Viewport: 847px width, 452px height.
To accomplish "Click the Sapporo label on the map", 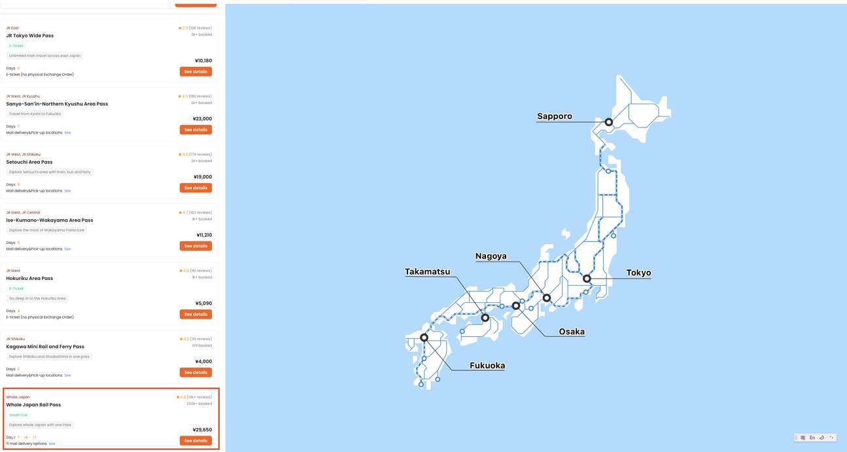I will [x=555, y=116].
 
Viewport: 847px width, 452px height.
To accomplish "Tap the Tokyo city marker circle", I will [x=587, y=279].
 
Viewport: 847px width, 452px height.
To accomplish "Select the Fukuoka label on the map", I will [x=487, y=366].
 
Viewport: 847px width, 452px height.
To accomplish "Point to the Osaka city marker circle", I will [x=515, y=305].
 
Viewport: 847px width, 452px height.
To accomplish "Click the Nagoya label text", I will [x=491, y=256].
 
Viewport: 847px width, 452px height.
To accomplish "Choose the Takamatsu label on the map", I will [x=427, y=271].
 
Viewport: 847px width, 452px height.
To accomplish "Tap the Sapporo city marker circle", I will [x=608, y=122].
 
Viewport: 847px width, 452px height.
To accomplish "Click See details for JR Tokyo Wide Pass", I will [x=196, y=71].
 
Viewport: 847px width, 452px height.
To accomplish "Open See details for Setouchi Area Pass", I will [x=196, y=188].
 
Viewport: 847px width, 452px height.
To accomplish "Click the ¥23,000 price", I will [x=202, y=118].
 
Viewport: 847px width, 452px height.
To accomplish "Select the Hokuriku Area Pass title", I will [x=29, y=278].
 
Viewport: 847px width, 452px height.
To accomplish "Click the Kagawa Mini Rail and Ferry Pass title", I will [x=45, y=347].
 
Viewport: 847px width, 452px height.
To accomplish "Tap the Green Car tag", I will [x=18, y=415].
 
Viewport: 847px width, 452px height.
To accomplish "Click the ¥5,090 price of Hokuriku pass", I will [x=203, y=304].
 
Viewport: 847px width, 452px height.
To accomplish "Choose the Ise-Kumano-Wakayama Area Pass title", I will [x=50, y=220].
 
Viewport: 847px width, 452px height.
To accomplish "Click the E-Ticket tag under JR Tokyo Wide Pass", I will [x=16, y=46].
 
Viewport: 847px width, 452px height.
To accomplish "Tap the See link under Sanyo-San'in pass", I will [x=67, y=133].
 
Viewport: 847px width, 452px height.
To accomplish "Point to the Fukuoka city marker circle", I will [x=424, y=338].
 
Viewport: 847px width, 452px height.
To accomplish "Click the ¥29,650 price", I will [x=202, y=430].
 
